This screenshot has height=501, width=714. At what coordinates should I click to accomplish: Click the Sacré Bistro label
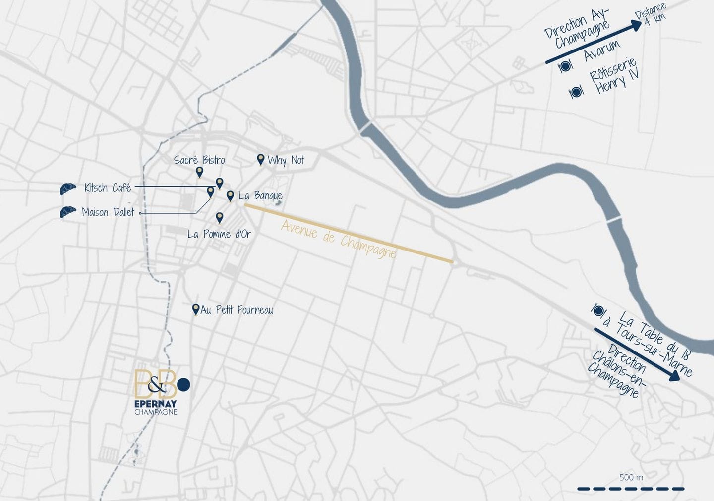coord(199,160)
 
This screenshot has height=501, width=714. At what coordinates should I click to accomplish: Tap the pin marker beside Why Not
coord(260,159)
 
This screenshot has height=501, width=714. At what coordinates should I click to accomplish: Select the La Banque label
coord(260,195)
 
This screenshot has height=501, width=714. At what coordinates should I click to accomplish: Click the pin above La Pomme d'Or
coord(220,218)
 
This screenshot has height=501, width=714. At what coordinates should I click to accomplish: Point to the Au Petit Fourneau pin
coord(196,309)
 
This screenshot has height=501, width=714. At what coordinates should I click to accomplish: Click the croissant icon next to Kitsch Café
coord(68,188)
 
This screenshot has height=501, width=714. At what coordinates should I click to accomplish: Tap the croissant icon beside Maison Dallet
coord(68,212)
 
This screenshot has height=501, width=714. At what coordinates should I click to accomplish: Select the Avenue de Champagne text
coord(339,239)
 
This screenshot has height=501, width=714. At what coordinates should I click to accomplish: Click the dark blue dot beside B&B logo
coord(183,384)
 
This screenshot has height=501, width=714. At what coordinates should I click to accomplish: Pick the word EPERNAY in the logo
coord(155,404)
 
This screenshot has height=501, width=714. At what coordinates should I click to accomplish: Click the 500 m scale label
coord(631,477)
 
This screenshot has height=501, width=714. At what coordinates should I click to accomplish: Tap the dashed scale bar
coord(631,489)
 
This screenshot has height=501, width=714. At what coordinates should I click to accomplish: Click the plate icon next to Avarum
coord(565,66)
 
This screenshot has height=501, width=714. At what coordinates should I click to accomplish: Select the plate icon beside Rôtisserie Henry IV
coord(576,92)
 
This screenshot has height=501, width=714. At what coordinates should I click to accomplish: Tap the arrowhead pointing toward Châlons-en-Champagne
coord(674,377)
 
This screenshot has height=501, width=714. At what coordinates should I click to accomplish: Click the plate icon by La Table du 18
coord(598,311)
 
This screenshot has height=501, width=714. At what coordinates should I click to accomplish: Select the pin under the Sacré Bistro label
coord(199,172)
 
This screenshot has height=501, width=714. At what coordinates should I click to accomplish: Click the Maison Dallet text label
coord(108,212)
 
